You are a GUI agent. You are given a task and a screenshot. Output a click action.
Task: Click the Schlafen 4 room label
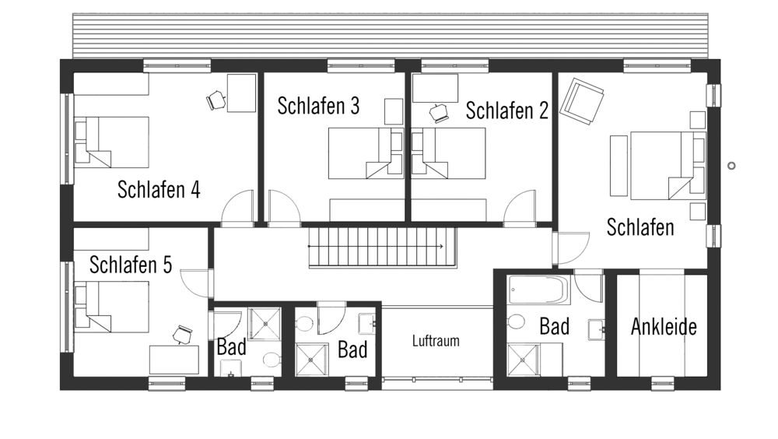click(x=159, y=190)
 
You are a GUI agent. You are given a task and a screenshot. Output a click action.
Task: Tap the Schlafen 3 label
click(x=318, y=106)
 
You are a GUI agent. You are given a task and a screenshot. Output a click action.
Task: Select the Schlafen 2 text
click(x=507, y=111)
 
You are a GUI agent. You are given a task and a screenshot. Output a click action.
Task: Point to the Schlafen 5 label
click(x=131, y=265)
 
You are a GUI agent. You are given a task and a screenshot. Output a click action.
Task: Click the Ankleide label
click(x=664, y=327)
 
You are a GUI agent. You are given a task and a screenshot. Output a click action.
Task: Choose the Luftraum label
click(x=436, y=341)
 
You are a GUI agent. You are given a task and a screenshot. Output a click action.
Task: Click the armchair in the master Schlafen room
click(x=581, y=101)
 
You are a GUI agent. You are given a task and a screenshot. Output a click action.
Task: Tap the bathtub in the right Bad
click(x=539, y=290)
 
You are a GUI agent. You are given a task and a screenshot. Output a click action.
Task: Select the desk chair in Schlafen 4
click(x=216, y=100)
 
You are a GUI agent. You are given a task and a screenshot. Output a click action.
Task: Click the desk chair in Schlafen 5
click(x=183, y=334)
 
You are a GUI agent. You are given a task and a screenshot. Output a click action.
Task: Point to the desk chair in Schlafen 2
click(x=439, y=113)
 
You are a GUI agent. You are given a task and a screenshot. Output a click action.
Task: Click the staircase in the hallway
click(x=382, y=248)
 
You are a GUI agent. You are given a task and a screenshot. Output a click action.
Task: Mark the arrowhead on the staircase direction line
click(x=442, y=246)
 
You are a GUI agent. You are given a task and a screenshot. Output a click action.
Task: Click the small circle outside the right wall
click(x=731, y=166)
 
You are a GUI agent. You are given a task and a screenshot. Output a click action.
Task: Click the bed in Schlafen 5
click(x=111, y=307)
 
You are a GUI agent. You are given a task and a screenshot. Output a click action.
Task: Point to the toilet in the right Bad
click(x=516, y=321)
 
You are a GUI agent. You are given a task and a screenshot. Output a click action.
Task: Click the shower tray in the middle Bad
click(x=312, y=360)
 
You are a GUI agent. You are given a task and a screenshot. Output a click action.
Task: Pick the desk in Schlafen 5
click(x=174, y=360)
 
